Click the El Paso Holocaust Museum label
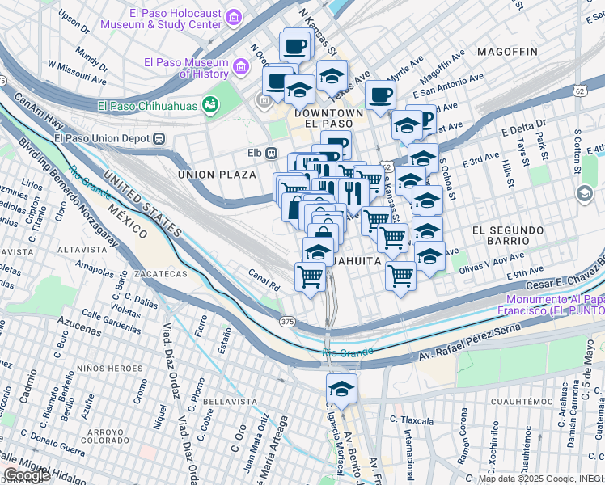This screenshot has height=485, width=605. (160, 19)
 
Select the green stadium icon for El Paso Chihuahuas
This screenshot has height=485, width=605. (210, 104)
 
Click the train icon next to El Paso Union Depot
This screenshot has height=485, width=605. (159, 137)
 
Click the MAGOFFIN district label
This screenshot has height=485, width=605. (507, 52)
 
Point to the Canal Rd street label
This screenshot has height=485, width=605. (264, 279)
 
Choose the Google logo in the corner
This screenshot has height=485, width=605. (27, 476)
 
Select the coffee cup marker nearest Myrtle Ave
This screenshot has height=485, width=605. (379, 95)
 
